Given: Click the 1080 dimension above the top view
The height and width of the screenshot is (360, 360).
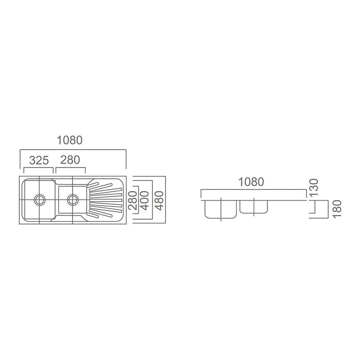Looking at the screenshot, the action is pos(70,140).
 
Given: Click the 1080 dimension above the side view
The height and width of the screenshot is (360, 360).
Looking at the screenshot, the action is pos(251,182).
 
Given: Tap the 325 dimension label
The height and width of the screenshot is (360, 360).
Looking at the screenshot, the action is pos(39,160).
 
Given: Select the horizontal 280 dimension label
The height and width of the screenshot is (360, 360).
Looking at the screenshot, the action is pos(70,160).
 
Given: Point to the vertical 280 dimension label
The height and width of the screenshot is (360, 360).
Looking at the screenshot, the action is pos(133,200).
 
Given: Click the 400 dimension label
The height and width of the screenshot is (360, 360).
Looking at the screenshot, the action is pos(144,201).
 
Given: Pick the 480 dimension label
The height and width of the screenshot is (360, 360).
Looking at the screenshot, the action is pos(159,201).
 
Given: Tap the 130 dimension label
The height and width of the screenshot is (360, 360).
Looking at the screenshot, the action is pos(314,187).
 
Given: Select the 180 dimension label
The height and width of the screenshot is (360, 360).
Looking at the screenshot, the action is pos(337,209).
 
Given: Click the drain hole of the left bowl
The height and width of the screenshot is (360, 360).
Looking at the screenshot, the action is pos(40,199).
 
